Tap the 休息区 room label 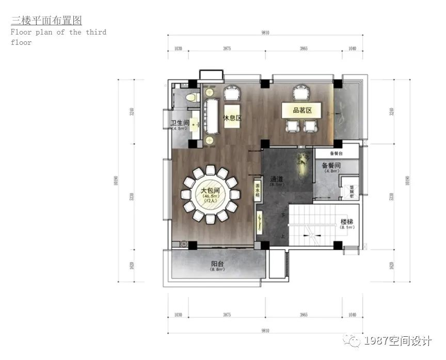click(x=232, y=118)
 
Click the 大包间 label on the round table click(x=210, y=190)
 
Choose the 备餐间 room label click(x=330, y=166)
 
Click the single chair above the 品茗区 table click(x=300, y=94)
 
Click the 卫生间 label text click(x=180, y=123)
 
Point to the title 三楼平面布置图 click(x=46, y=20)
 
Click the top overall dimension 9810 click(x=265, y=32)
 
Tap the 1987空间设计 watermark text click(x=397, y=341)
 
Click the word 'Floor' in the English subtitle click(x=21, y=32)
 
